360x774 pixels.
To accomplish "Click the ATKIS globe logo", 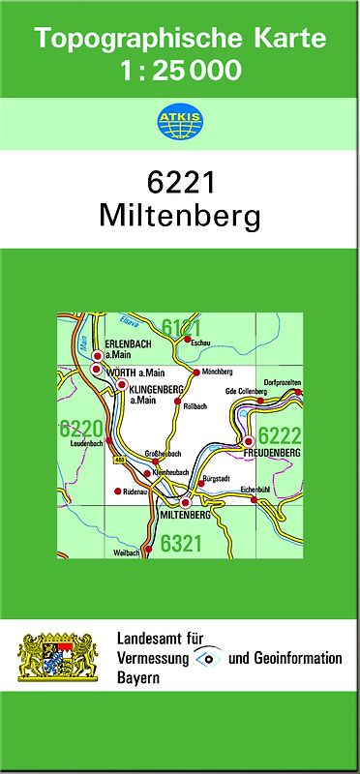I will click(x=179, y=123).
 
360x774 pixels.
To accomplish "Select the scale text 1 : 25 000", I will click(x=180, y=70).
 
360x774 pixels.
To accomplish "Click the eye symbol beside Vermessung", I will click(x=207, y=658).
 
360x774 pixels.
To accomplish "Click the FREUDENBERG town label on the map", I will click(x=275, y=453).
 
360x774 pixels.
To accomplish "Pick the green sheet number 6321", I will click(x=181, y=544).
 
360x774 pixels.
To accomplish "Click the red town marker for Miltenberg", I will click(x=186, y=502).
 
